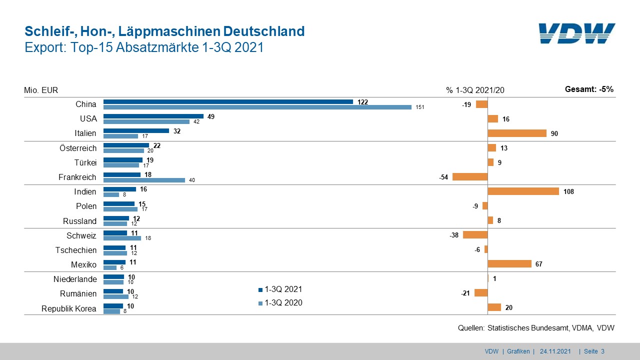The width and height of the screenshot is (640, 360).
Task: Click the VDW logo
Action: pyautogui.click(x=577, y=33)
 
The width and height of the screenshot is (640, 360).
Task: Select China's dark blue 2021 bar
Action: pyautogui.click(x=228, y=101)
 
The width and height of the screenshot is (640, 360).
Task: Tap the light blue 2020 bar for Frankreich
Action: pyautogui.click(x=144, y=180)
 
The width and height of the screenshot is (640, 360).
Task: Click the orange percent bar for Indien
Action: pyautogui.click(x=523, y=191)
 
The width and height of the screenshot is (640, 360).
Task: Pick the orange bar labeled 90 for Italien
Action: pyautogui.click(x=517, y=133)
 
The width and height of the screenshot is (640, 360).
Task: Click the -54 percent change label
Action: pyautogui.click(x=444, y=176)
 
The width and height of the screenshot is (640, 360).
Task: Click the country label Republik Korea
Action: pyautogui.click(x=68, y=308)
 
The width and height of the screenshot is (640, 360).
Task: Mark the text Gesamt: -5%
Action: pyautogui.click(x=588, y=89)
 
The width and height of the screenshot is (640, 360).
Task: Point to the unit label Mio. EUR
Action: pyautogui.click(x=41, y=90)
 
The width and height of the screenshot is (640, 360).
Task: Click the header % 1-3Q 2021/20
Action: pyautogui.click(x=475, y=90)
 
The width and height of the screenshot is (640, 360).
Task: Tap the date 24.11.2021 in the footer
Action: pyautogui.click(x=555, y=351)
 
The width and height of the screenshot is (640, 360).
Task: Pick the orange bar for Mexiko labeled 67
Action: pyautogui.click(x=509, y=263)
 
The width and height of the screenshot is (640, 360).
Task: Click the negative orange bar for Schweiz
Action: pyautogui.click(x=475, y=234)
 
